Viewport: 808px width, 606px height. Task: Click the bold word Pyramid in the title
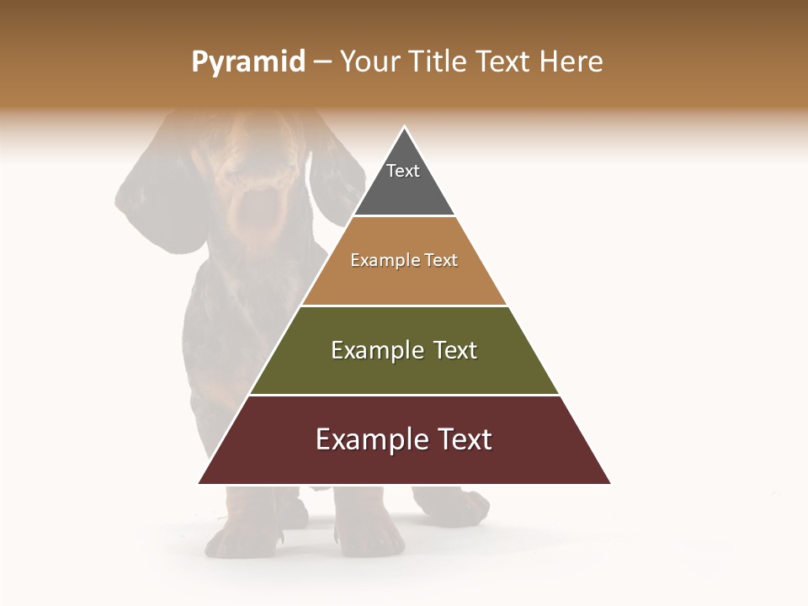[x=248, y=62]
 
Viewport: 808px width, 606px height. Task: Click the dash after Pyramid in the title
[x=322, y=62]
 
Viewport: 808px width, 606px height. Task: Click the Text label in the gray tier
[x=403, y=171]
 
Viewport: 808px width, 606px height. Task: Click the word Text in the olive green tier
[x=455, y=350]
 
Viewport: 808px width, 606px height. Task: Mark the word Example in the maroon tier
[x=371, y=439]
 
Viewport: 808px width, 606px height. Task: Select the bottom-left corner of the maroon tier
[x=200, y=482]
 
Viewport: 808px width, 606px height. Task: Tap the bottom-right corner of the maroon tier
[x=609, y=482]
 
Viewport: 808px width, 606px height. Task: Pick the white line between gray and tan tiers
[x=404, y=216]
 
